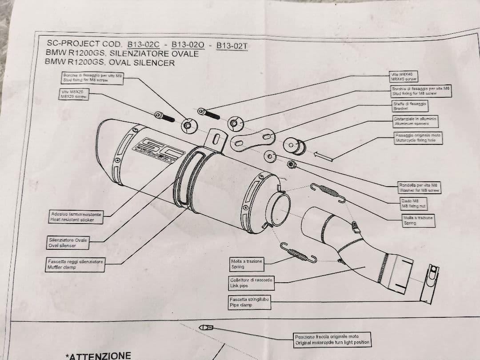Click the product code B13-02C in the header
click(x=143, y=44)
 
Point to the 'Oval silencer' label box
click(x=68, y=242)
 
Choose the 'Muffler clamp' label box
click(x=76, y=264)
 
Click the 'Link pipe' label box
click(x=251, y=283)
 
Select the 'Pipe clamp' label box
click(x=248, y=302)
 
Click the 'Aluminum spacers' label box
click(x=416, y=121)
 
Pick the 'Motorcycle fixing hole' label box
click(x=418, y=138)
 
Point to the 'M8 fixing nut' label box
click(x=413, y=204)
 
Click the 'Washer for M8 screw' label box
click(x=419, y=188)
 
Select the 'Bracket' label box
click(x=408, y=106)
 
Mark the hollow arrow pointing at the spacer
click(x=324, y=155)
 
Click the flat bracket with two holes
click(x=252, y=138)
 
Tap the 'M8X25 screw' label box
click(x=74, y=94)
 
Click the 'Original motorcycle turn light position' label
click(x=332, y=340)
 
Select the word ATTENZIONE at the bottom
click(x=99, y=356)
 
